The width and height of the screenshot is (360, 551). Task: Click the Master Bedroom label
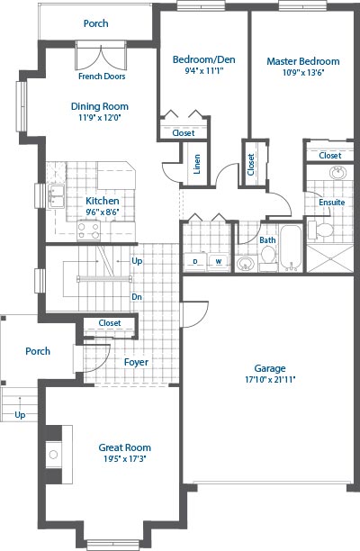[x=303, y=61]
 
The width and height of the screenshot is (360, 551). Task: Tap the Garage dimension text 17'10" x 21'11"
[x=270, y=380]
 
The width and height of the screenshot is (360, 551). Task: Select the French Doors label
[x=102, y=77]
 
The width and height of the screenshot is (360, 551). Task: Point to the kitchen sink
[x=56, y=195]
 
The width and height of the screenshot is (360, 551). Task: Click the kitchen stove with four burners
[x=88, y=230]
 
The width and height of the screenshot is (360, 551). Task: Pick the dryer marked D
[x=195, y=261]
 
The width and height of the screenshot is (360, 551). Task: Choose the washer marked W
[x=219, y=261]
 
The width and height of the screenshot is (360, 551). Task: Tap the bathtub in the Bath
[x=292, y=248]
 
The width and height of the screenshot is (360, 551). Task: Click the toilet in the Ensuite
[x=320, y=230]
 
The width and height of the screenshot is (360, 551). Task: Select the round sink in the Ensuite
[x=337, y=173]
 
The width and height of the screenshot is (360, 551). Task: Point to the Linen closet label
[x=197, y=164]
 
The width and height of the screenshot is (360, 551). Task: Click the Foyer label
[x=136, y=362]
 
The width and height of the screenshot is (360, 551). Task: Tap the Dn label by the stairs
[x=137, y=297]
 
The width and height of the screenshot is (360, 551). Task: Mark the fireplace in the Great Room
[x=54, y=455]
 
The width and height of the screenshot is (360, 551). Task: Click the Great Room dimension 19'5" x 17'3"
[x=125, y=458]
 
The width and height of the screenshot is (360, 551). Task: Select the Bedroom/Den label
[x=203, y=59]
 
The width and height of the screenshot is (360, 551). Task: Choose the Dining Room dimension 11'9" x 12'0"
[x=100, y=117]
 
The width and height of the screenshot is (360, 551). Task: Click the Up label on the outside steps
[x=20, y=415]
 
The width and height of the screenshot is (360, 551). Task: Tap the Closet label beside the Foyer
[x=110, y=323]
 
